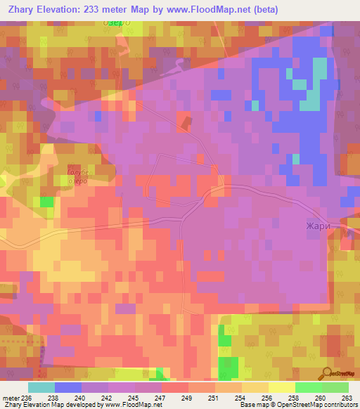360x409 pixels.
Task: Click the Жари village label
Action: (x=319, y=226)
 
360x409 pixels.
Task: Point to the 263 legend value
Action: (x=346, y=397)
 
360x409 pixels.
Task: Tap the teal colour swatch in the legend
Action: (x=41, y=387)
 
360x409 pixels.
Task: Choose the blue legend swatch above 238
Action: (x=68, y=387)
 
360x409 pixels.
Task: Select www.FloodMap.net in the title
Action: (x=210, y=10)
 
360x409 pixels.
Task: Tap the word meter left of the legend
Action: (x=11, y=397)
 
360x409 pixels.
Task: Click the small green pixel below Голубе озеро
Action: (x=47, y=202)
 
